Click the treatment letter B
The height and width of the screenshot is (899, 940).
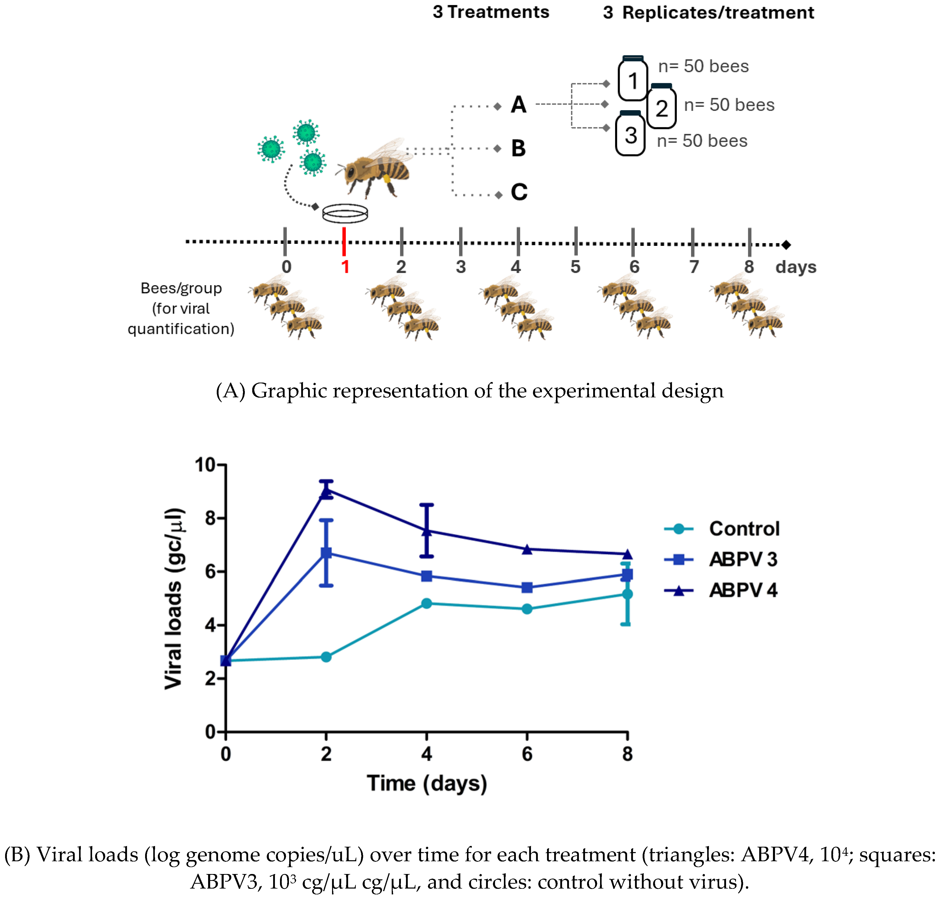click(518, 148)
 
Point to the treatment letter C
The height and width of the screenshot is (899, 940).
click(519, 192)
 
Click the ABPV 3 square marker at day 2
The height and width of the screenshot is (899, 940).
click(326, 553)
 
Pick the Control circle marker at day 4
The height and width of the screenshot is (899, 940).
click(426, 603)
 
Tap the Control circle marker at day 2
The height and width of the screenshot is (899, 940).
click(326, 656)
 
